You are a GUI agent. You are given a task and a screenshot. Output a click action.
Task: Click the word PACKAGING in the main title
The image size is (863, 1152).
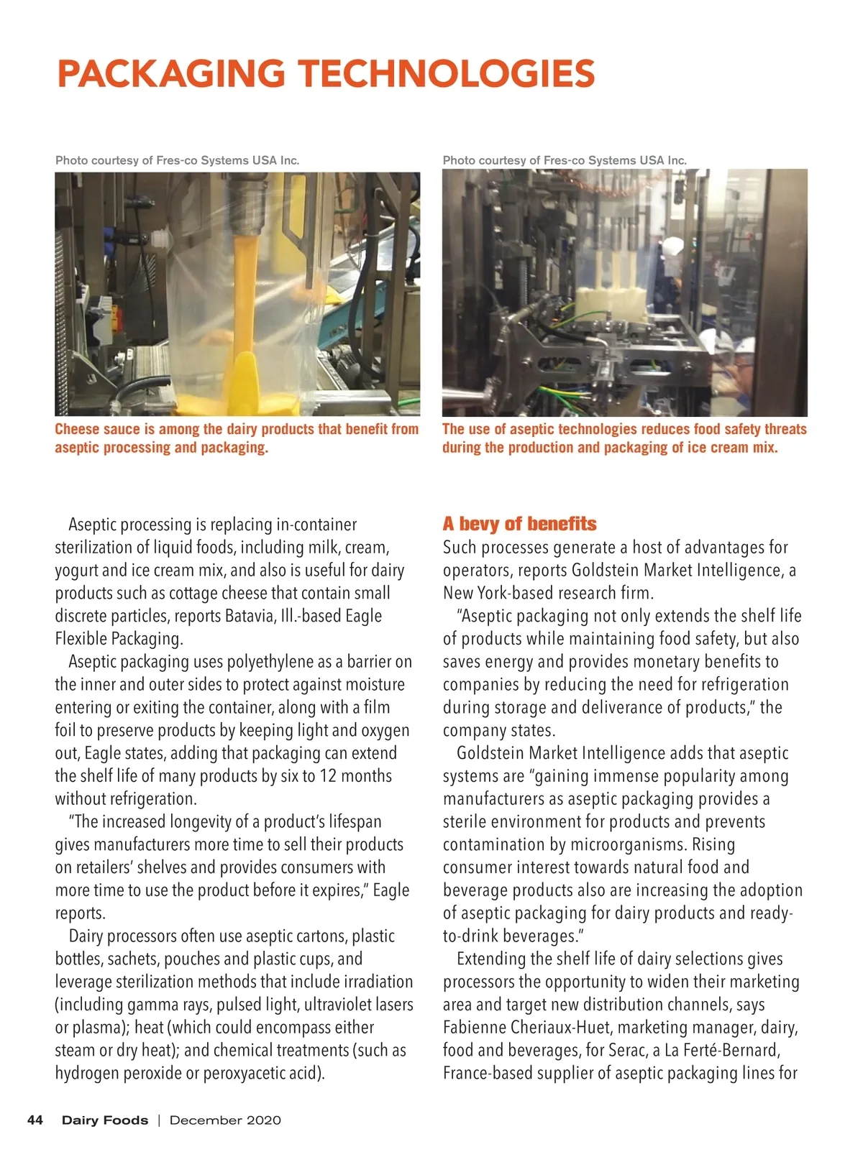172,73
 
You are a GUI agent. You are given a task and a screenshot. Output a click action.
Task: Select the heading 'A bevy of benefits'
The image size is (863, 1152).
519,523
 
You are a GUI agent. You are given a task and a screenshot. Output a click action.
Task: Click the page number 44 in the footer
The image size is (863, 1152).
35,1120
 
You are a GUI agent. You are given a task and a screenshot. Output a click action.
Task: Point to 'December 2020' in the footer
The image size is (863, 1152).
225,1120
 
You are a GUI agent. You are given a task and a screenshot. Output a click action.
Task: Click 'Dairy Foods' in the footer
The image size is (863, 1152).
105,1120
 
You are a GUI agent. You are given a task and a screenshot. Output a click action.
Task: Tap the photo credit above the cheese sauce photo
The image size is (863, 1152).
177,160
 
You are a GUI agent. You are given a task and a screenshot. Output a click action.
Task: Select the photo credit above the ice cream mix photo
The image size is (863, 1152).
565,160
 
